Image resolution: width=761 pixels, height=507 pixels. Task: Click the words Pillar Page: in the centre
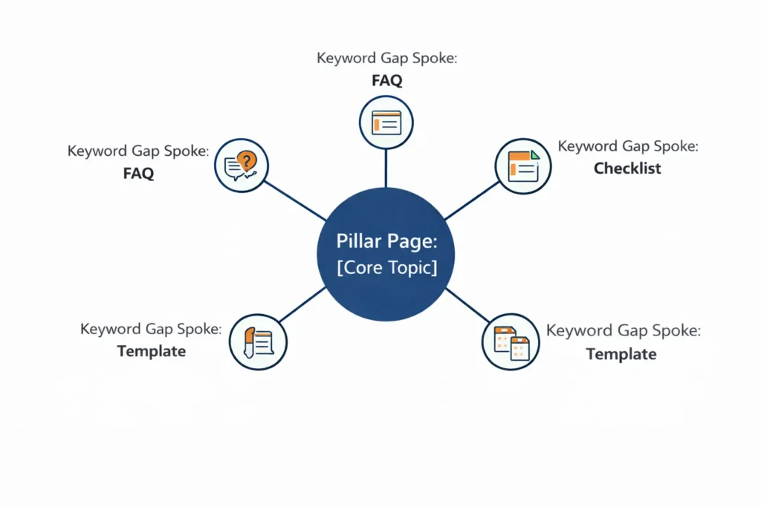(386, 243)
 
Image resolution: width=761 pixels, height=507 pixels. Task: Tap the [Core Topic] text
(386, 267)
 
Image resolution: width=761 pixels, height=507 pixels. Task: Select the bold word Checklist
(627, 169)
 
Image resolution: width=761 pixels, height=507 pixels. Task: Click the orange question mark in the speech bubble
(248, 159)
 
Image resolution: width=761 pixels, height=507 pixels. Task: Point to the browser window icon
(386, 122)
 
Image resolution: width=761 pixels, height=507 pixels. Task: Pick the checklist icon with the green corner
(522, 167)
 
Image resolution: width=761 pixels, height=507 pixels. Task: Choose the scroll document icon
(258, 341)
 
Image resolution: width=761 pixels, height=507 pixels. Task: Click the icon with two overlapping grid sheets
(510, 342)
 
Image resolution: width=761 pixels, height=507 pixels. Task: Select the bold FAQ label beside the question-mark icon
(138, 174)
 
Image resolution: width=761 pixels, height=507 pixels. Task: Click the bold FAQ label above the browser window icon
(386, 81)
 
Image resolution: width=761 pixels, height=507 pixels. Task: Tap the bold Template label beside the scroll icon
(152, 351)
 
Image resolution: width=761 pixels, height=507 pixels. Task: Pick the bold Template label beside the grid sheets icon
(621, 354)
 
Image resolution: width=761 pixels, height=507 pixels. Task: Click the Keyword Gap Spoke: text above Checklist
(628, 146)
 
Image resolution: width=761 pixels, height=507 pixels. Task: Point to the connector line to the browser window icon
(386, 167)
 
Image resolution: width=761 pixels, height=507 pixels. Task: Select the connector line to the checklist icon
(473, 200)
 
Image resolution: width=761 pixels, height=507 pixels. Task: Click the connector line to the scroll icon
(302, 305)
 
